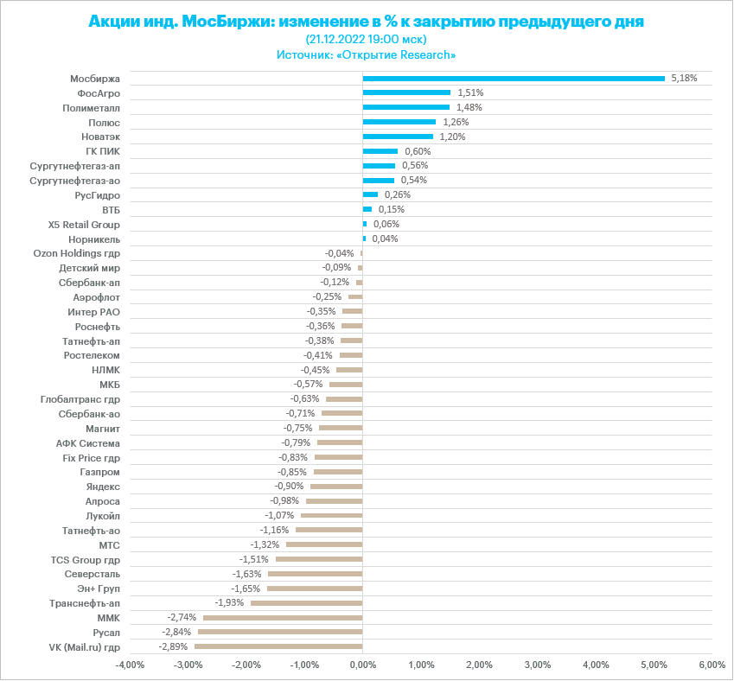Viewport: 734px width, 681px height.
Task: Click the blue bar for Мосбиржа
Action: coord(514,78)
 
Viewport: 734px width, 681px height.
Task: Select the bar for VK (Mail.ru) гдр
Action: coord(278,646)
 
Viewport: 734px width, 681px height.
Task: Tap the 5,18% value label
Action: coord(683,78)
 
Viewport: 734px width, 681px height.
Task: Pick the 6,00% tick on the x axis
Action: coord(712,665)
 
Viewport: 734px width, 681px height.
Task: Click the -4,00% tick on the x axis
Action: coord(130,665)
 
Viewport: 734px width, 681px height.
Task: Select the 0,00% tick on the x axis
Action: coord(362,665)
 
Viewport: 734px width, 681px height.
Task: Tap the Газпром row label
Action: coord(99,472)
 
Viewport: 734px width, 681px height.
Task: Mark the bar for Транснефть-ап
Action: coord(306,603)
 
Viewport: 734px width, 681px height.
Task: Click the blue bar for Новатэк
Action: coord(398,137)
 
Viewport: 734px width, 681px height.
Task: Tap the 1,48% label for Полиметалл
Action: coord(469,107)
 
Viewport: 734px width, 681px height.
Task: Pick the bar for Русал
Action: coord(280,632)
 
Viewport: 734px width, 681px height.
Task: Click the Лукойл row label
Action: coord(103,516)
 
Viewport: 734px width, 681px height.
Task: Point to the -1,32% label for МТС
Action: coord(265,544)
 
